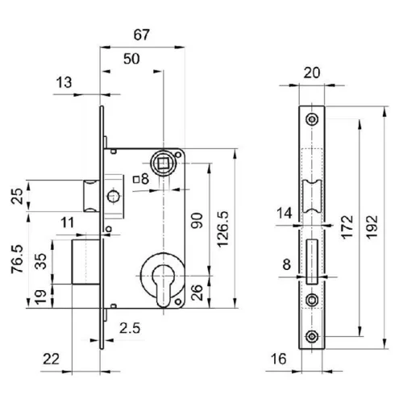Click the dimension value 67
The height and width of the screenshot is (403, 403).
142,35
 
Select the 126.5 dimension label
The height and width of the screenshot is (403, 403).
222,229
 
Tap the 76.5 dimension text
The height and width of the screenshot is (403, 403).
18,259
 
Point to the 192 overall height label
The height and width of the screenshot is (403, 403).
372,227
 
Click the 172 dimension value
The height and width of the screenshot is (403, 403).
347,227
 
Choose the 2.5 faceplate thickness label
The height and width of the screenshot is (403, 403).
130,328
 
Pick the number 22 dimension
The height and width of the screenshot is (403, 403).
51,359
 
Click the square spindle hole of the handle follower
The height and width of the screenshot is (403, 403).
164,163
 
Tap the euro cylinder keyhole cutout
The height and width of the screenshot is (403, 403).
164,285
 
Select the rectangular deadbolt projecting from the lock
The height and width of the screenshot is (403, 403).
85,262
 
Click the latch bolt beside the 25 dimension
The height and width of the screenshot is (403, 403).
91,196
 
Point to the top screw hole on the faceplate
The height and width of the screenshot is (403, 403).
312,119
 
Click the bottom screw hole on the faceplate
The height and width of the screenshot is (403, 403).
312,336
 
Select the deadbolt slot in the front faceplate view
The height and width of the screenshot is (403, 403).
312,262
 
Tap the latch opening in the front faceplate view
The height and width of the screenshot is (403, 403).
312,196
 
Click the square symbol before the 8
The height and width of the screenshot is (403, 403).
137,180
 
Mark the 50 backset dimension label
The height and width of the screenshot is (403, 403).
131,59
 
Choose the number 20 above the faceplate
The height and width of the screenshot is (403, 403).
312,73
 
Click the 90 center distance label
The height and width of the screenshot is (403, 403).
197,220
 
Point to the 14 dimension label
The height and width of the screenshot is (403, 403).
285,214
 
